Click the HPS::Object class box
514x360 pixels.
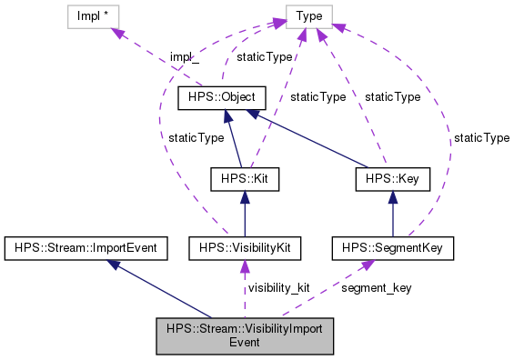coord(227,97)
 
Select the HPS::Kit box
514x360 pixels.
coord(243,179)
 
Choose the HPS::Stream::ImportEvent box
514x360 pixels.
coord(82,246)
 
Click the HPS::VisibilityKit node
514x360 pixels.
coord(243,246)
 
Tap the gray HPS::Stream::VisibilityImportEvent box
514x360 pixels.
coord(245,335)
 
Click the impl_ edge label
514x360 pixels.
coord(184,56)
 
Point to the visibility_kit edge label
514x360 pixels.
coord(278,287)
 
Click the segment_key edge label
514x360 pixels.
coord(376,287)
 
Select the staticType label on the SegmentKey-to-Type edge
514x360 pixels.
coord(481,137)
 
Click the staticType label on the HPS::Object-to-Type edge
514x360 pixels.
coord(264,56)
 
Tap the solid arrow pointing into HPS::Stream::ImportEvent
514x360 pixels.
coord(164,283)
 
